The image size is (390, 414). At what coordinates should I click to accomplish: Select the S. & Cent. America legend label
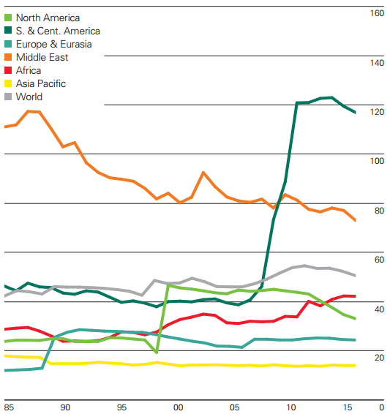click(62, 31)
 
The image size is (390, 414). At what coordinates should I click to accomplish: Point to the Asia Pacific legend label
click(45, 83)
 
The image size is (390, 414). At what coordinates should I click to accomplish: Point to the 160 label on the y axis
click(376, 14)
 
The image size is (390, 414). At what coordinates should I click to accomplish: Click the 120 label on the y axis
click(376, 112)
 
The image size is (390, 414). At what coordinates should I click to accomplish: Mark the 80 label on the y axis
click(378, 211)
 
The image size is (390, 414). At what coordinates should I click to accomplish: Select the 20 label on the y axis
click(378, 358)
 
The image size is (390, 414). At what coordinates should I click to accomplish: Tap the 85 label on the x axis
click(9, 407)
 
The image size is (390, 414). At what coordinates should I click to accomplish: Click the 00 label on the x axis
click(178, 407)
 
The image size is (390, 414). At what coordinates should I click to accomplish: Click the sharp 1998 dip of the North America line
click(156, 353)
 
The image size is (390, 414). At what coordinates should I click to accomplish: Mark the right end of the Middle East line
click(356, 220)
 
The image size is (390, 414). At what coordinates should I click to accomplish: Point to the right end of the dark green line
click(356, 113)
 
